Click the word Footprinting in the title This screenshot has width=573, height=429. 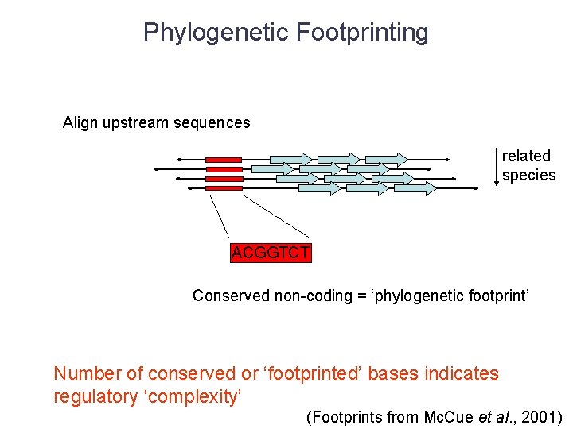362,33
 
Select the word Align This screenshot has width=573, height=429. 80,123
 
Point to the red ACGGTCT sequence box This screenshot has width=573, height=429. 271,253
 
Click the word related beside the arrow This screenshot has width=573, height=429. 526,156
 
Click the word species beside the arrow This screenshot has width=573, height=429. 528,176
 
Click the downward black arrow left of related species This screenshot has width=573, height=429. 497,164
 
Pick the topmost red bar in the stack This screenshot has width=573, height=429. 224,160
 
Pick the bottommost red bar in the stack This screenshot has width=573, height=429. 224,188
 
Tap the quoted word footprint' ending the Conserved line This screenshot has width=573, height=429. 500,296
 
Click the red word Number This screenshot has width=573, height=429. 87,373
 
